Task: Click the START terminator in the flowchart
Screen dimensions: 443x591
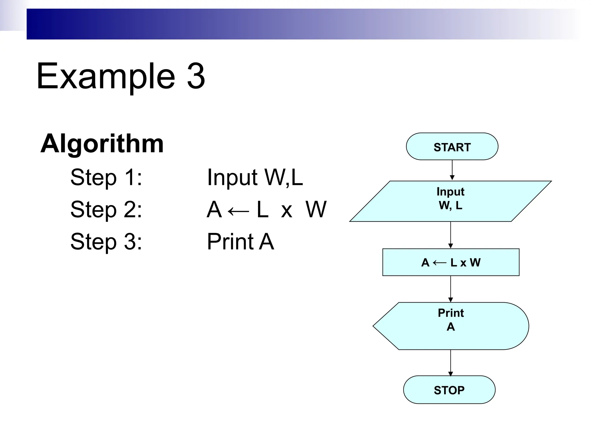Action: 452,147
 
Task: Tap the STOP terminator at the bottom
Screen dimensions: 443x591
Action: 449,390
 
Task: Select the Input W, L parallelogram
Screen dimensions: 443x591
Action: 450,201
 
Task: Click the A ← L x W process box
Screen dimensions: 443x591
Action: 451,262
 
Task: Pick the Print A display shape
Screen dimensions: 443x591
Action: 451,326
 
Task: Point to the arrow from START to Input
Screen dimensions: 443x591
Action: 452,170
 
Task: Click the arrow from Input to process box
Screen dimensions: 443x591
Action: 450,235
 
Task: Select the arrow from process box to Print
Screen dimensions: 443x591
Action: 450,289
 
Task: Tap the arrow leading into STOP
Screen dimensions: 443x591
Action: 450,363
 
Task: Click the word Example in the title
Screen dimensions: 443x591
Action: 106,76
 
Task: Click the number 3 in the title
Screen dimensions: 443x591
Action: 196,76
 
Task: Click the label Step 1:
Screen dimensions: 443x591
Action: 106,177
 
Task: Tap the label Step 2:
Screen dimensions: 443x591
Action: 106,209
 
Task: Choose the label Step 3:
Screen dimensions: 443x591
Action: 106,241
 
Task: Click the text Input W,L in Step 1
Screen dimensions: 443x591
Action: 255,177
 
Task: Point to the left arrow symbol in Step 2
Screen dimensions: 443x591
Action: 238,211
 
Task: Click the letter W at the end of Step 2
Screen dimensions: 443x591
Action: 316,209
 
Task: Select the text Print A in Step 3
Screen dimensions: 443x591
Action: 240,241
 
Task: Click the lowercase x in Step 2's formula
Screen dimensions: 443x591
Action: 287,211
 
